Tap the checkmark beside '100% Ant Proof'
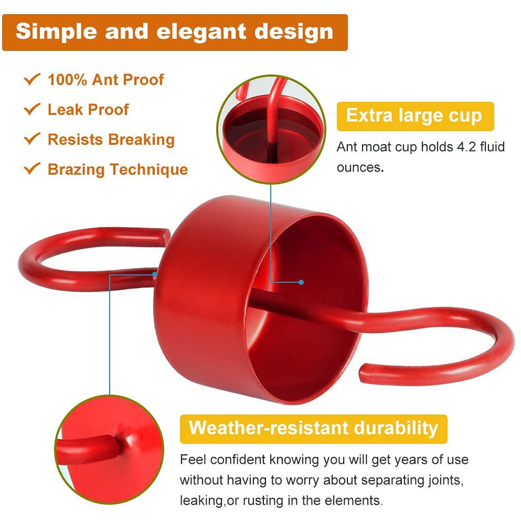[x=32, y=79]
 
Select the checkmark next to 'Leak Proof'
[x=32, y=109]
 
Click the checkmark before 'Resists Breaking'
[x=32, y=139]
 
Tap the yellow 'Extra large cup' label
[x=415, y=116]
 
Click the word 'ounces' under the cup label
[x=359, y=167]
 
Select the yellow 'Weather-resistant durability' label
[x=313, y=429]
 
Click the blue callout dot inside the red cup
[x=301, y=282]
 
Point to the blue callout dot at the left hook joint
[x=155, y=275]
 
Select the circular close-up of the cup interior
[x=271, y=130]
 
